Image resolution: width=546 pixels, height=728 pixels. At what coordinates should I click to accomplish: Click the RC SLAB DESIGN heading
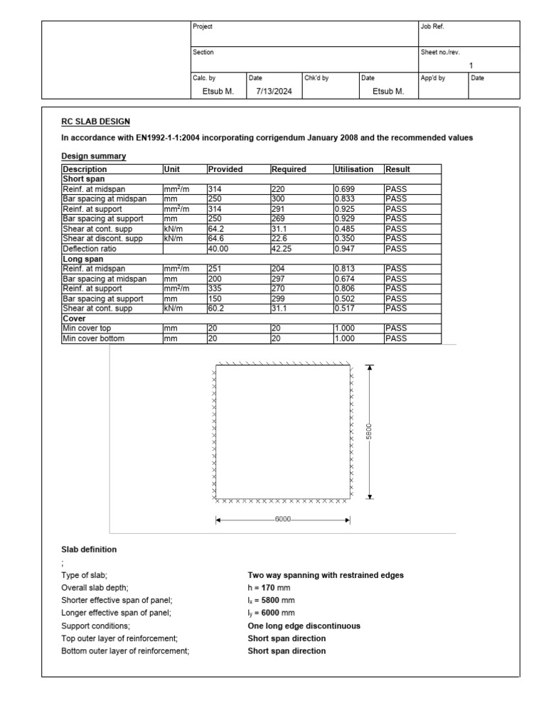tap(95, 122)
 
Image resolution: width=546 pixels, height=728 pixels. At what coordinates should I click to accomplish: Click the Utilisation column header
tap(353, 169)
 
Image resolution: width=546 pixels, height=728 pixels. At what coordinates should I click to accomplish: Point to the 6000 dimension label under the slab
tap(283, 520)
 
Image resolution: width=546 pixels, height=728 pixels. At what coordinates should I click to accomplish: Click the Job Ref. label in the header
tap(433, 26)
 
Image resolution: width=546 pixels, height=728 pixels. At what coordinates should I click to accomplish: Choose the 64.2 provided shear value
tap(216, 229)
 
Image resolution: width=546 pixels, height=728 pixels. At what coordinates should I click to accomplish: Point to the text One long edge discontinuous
tap(304, 626)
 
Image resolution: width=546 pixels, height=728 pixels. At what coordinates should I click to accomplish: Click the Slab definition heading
tap(89, 550)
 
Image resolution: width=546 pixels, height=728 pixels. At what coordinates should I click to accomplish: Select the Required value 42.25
tap(282, 249)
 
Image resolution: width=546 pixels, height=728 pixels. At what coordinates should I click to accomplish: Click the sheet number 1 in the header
tap(471, 65)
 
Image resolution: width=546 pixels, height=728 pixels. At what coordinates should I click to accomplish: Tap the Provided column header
tap(225, 169)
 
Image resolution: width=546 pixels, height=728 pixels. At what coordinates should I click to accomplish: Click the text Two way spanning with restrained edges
tap(325, 574)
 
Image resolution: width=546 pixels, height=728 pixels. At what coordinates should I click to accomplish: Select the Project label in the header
tap(203, 26)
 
